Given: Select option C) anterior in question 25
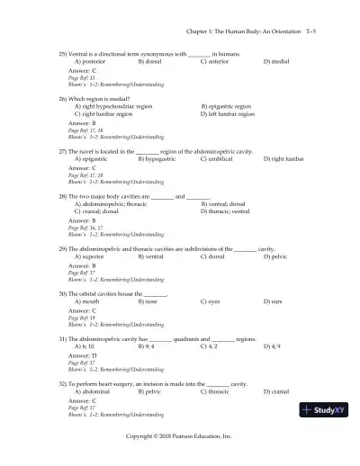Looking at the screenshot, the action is tap(216, 61).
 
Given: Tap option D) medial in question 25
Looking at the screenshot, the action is tap(277, 61).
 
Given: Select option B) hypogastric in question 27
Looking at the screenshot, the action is tap(159, 158).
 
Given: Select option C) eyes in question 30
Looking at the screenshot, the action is tap(212, 302).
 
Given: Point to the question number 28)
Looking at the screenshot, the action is tap(63, 195).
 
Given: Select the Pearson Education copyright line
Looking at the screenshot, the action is tap(179, 435).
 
